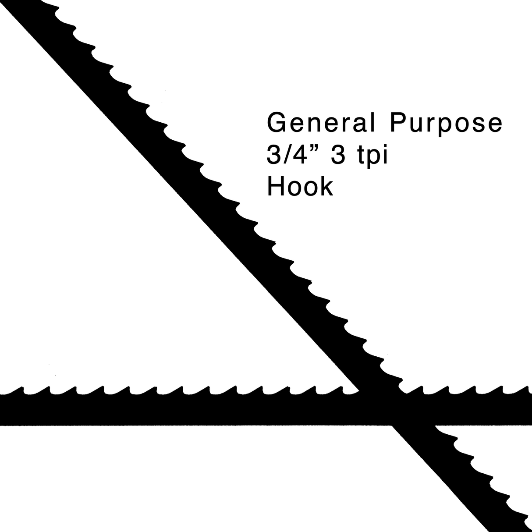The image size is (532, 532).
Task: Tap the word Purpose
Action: [x=446, y=124]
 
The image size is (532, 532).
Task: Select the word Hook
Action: [x=300, y=187]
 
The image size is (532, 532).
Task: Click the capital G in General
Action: [x=277, y=123]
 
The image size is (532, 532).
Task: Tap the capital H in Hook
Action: [x=276, y=187]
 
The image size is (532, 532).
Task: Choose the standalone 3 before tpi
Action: [x=338, y=154]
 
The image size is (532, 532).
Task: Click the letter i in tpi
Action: [x=385, y=154]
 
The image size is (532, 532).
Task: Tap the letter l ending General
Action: [x=373, y=123]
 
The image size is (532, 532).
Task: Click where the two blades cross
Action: [x=394, y=409]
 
